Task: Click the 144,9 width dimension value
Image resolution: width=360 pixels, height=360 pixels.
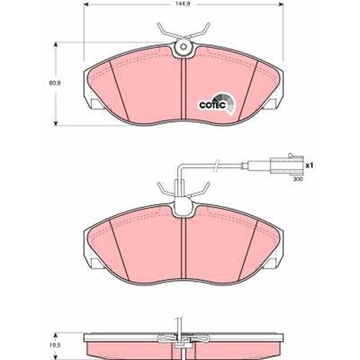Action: tap(184, 4)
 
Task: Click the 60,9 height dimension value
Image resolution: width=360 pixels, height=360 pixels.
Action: tap(56, 83)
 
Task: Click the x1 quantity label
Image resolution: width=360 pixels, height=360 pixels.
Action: tap(309, 165)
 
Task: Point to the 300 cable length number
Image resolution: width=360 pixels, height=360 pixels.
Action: tap(298, 179)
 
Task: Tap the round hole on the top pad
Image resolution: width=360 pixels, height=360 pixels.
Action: tap(183, 47)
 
